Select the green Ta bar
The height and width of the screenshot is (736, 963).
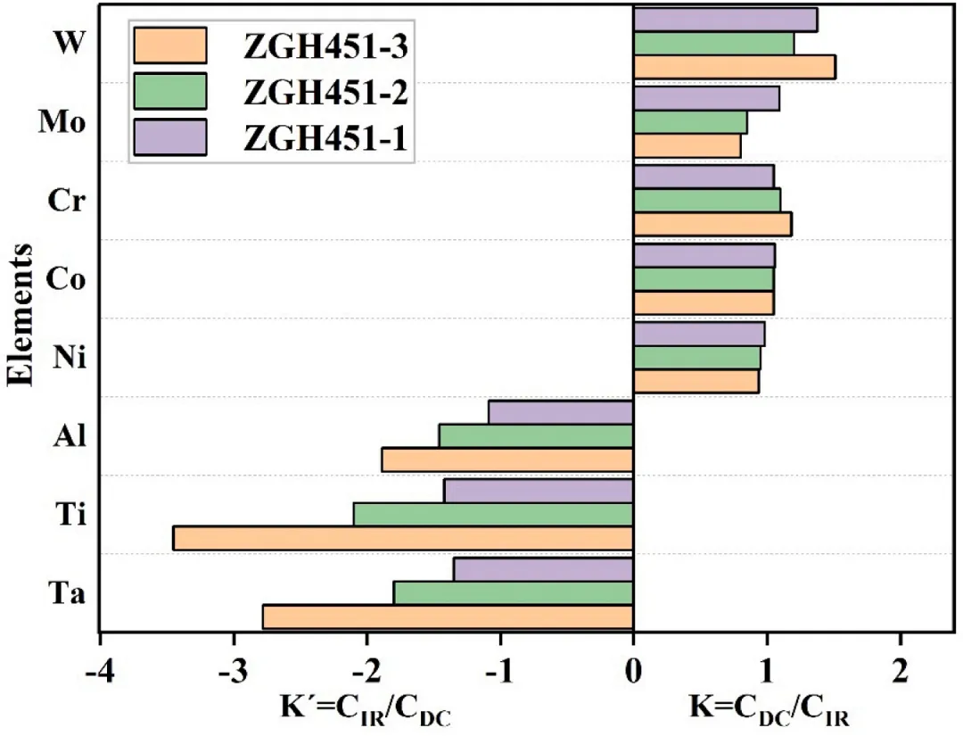(513, 593)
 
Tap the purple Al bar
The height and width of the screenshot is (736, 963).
(561, 412)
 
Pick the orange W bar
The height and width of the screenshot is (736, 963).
(734, 67)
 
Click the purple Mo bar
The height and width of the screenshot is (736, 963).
(706, 98)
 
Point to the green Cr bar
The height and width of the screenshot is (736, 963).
(706, 200)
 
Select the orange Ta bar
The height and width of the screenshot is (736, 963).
(448, 616)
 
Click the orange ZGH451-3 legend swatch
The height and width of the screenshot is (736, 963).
(169, 45)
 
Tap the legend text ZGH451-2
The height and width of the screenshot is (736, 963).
(326, 91)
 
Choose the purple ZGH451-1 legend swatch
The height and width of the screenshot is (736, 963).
(169, 137)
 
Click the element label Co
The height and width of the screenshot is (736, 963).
(64, 279)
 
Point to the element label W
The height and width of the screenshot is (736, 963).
(70, 43)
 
